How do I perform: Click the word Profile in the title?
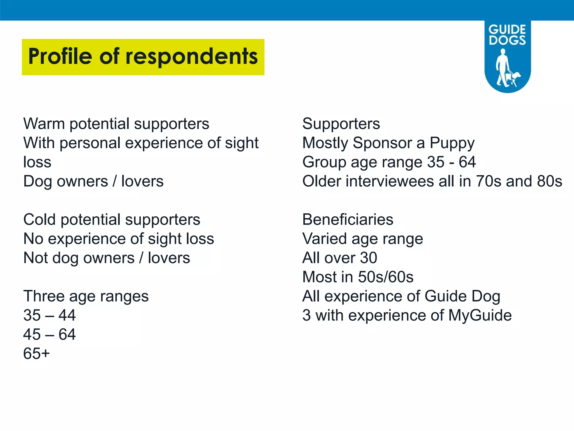60,56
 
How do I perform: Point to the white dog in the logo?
514,79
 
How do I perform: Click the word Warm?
44,124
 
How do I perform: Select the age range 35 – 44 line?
49,315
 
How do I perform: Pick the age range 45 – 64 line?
49,334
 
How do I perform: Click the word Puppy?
452,143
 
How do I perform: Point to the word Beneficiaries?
348,219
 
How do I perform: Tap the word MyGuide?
480,315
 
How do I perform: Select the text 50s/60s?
386,277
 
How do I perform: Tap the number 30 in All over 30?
368,258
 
